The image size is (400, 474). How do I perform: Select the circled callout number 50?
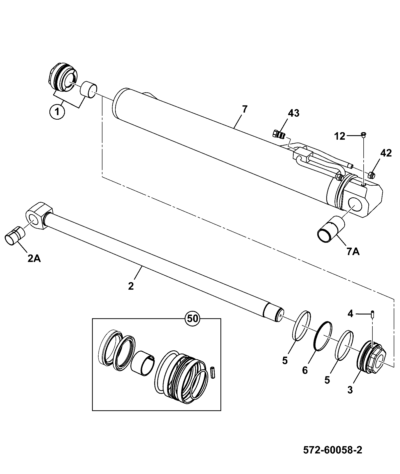tap(193, 319)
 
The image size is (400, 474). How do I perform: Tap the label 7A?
tap(353, 251)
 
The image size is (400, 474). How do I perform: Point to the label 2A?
tap(34, 258)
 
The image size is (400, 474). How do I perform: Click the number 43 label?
tap(293, 113)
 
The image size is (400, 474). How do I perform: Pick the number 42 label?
tap(386, 153)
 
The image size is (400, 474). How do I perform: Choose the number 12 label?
tap(340, 137)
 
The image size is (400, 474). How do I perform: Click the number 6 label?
tap(305, 370)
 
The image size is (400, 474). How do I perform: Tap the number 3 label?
tap(350, 390)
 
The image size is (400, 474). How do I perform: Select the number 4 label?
tap(350, 313)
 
